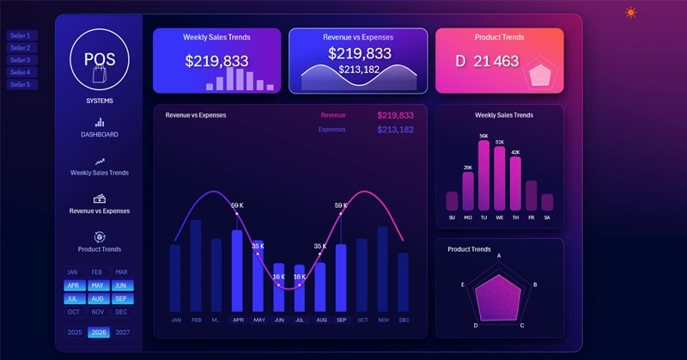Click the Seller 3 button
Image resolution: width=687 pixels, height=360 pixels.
point(20,60)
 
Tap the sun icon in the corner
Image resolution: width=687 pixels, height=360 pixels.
point(631,12)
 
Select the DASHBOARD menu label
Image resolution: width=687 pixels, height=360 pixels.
point(100,135)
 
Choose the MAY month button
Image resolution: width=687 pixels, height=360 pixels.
point(97,285)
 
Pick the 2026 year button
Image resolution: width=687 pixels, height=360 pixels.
point(99,333)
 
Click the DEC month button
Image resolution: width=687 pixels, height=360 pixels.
point(122,312)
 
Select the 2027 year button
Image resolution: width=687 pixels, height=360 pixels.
point(122,333)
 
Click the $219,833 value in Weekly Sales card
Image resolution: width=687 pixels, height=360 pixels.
point(216,61)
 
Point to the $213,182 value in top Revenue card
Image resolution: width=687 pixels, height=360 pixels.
point(358,70)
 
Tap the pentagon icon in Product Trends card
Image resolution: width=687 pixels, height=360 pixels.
point(539,75)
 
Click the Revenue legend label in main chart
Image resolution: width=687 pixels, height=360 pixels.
point(333,115)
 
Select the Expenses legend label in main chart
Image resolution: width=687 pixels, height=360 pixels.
point(331,130)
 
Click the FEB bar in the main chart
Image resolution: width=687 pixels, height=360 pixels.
point(196,266)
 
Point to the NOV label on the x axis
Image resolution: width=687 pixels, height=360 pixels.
point(382,320)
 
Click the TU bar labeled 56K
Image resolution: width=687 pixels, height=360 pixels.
point(483,176)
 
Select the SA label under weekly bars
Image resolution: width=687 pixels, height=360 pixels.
point(547,217)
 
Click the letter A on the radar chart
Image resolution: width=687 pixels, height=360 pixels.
point(499,256)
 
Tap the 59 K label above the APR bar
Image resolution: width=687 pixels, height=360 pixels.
point(237,205)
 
